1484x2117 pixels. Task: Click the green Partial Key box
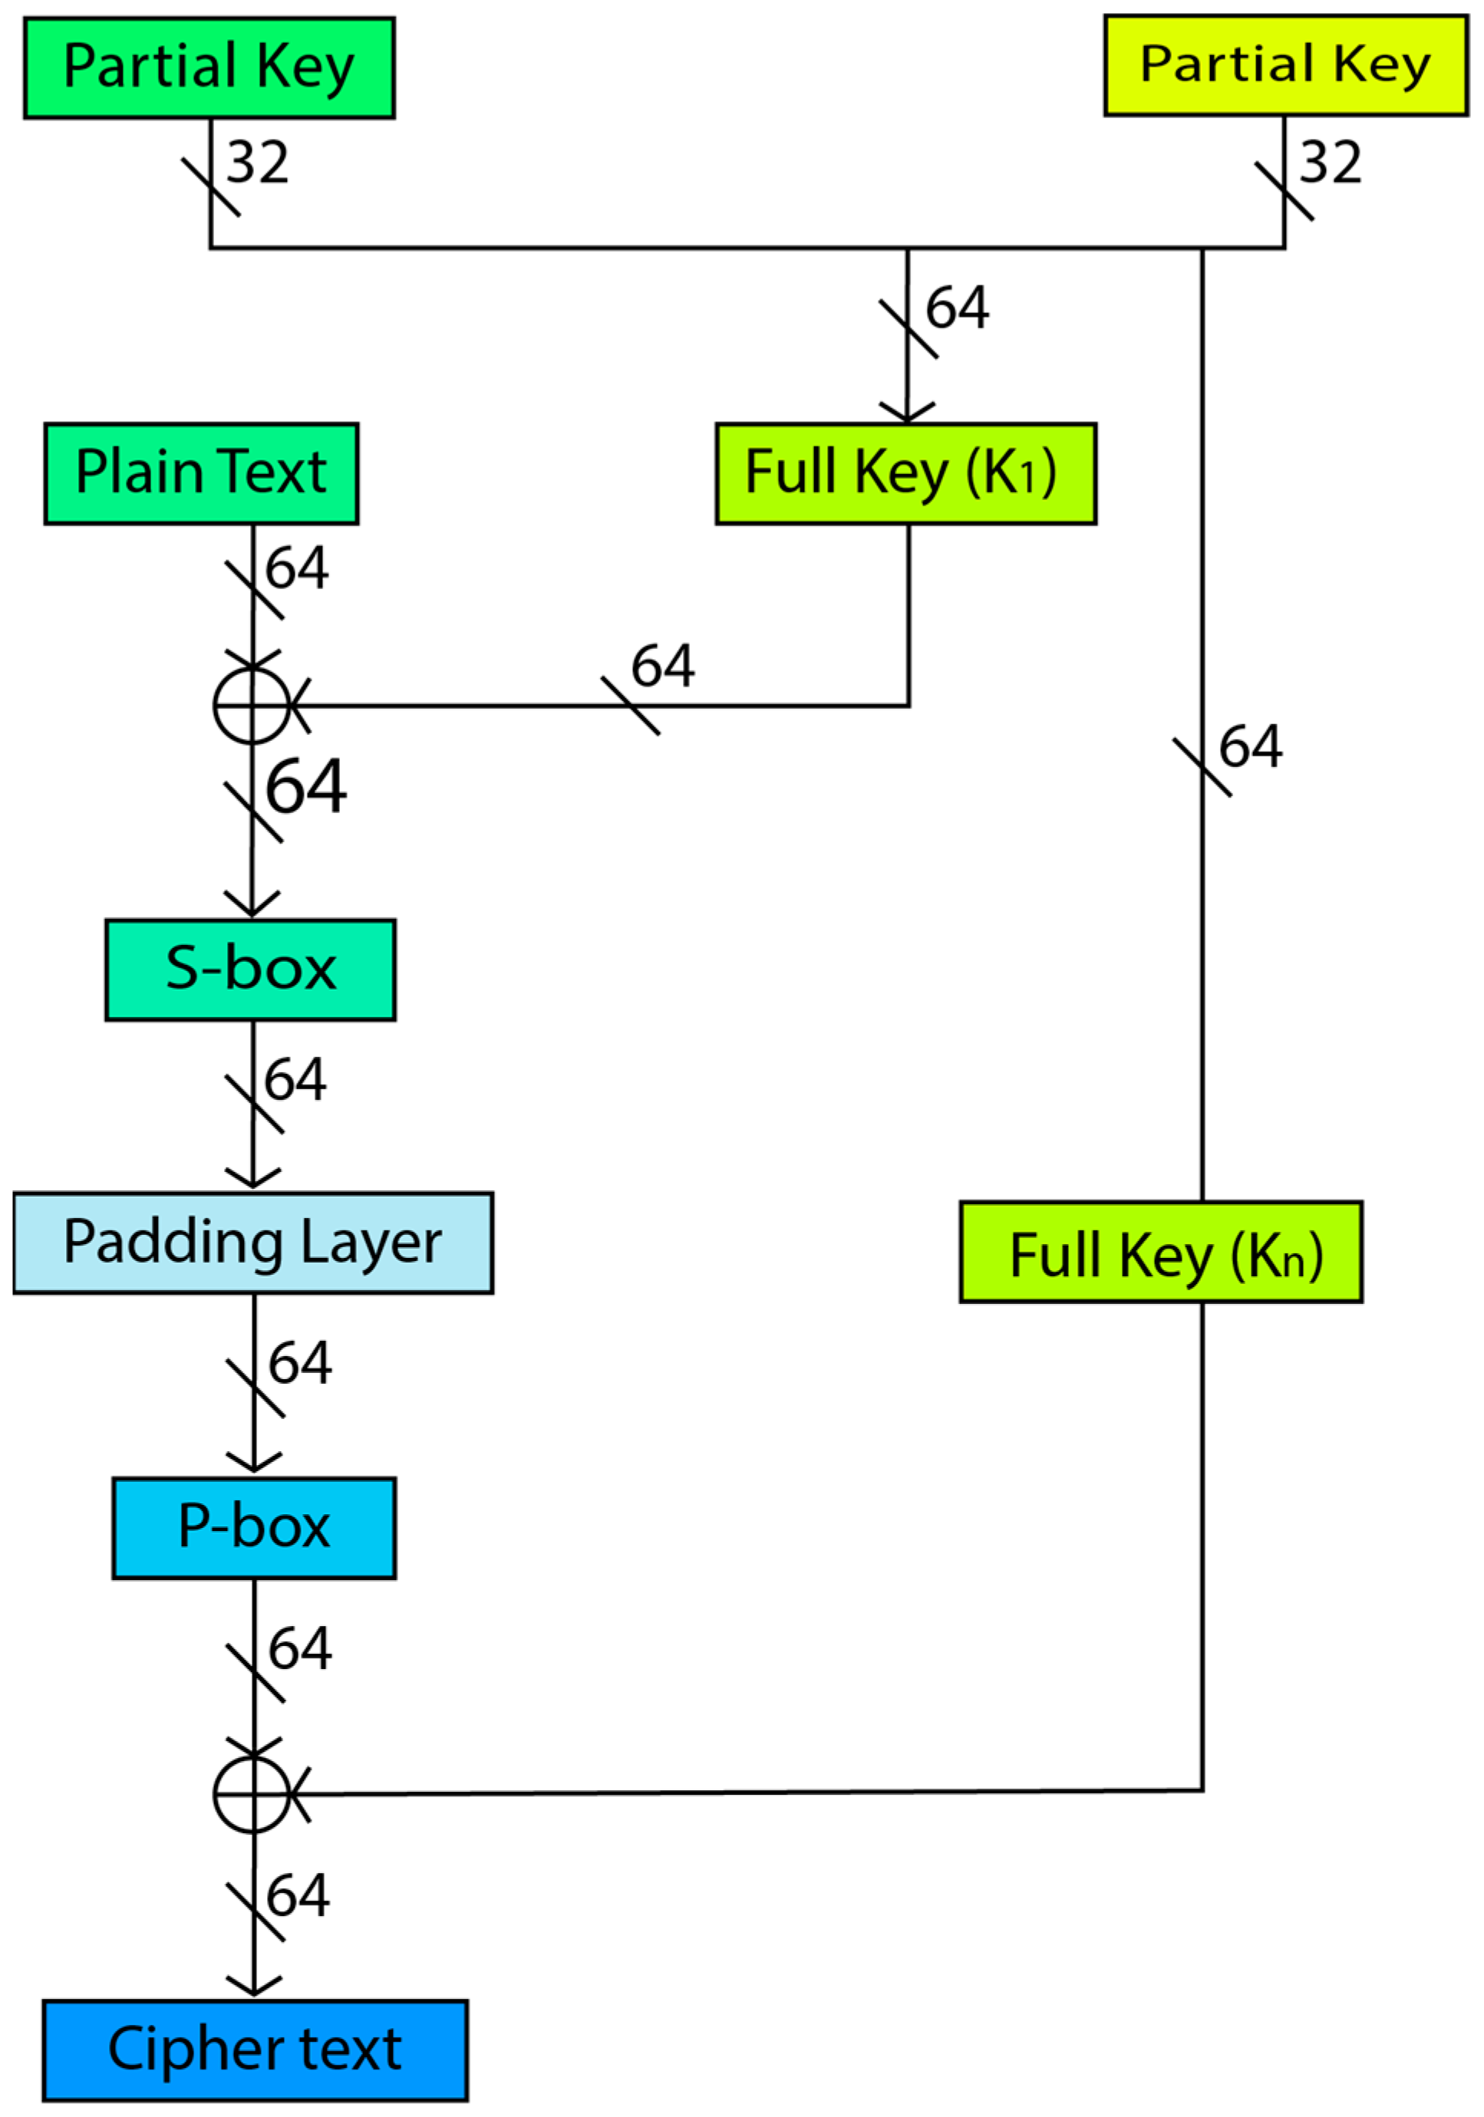click(209, 67)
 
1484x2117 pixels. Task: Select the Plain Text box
click(201, 474)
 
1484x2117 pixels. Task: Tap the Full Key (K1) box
click(905, 474)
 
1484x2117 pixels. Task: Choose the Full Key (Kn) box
click(1160, 1252)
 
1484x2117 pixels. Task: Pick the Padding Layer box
click(252, 1243)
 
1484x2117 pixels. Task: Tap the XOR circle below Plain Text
click(252, 706)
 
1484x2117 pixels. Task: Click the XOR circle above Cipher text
click(252, 1793)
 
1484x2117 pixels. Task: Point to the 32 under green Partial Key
click(257, 163)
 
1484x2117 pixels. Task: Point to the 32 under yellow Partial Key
click(1330, 163)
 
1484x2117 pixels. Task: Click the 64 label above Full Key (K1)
click(958, 307)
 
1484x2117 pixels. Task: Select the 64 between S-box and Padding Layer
click(295, 1080)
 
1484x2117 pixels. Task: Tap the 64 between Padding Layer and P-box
click(300, 1363)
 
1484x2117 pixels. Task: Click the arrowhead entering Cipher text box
click(254, 1984)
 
